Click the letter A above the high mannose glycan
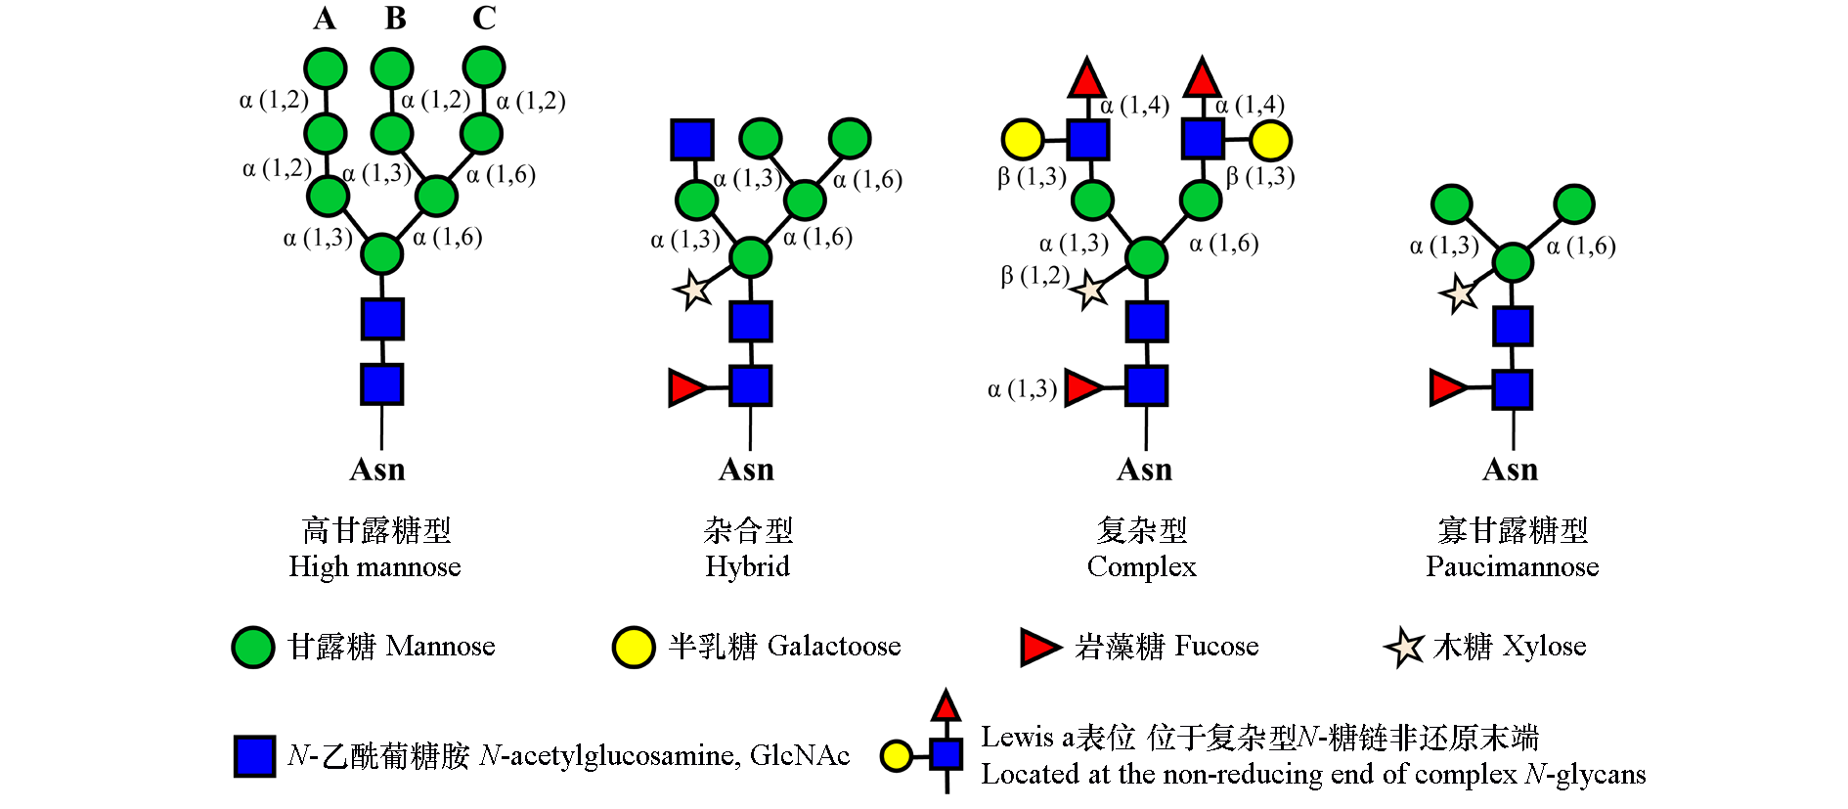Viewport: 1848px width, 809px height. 325,19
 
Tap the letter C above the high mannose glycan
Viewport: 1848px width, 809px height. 484,19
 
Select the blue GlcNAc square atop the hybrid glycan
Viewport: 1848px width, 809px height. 692,140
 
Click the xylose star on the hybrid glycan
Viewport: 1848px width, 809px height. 693,291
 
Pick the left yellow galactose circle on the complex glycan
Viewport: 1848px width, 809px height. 1023,140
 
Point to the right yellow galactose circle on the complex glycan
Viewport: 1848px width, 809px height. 1270,140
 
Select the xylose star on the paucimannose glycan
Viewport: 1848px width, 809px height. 1458,293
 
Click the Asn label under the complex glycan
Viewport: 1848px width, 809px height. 1144,471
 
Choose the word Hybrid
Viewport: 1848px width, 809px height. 748,567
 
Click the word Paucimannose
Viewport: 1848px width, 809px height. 1512,567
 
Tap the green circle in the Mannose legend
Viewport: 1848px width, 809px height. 253,648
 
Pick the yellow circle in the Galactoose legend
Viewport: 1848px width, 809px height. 633,648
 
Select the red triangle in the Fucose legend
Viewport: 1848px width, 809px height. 1039,648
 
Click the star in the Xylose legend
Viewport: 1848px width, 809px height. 1404,648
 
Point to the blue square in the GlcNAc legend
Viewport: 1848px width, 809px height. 254,756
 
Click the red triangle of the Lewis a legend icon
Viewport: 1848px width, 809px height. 946,706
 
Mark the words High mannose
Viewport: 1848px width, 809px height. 374,567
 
